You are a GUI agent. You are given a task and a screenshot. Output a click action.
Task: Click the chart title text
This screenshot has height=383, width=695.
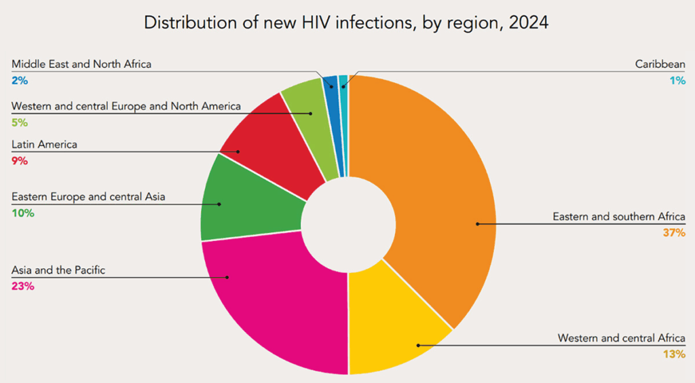pos(346,22)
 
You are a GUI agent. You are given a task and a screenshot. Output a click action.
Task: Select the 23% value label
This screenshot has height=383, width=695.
pos(22,286)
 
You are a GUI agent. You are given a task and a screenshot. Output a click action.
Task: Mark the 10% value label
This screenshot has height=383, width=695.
pos(22,213)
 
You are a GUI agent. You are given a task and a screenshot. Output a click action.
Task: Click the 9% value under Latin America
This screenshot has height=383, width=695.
pos(20,161)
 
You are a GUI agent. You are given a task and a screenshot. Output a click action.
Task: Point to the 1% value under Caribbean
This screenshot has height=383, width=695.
pos(678,80)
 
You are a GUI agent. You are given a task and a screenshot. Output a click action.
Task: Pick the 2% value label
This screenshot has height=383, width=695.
pos(20,80)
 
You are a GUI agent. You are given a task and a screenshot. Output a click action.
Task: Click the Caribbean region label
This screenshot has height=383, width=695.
pos(660,65)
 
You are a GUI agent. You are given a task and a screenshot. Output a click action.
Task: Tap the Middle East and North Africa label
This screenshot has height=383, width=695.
pos(81,65)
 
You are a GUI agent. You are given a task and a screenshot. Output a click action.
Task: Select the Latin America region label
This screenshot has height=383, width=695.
pos(44,145)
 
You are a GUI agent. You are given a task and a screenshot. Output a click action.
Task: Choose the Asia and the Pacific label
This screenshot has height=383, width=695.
pos(58,270)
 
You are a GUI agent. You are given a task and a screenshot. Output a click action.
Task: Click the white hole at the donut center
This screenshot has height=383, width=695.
pos(348,225)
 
